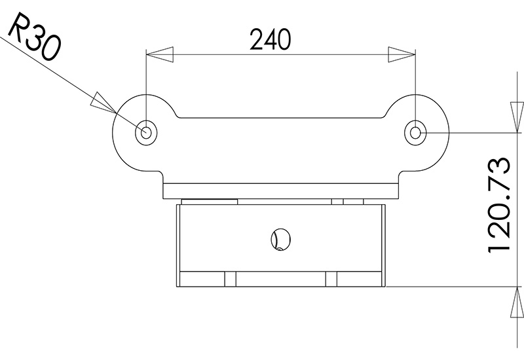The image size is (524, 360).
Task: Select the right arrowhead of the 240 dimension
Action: tap(402, 54)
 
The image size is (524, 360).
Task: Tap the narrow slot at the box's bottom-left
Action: tap(230, 279)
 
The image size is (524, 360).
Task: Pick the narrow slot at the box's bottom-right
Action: tap(331, 279)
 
